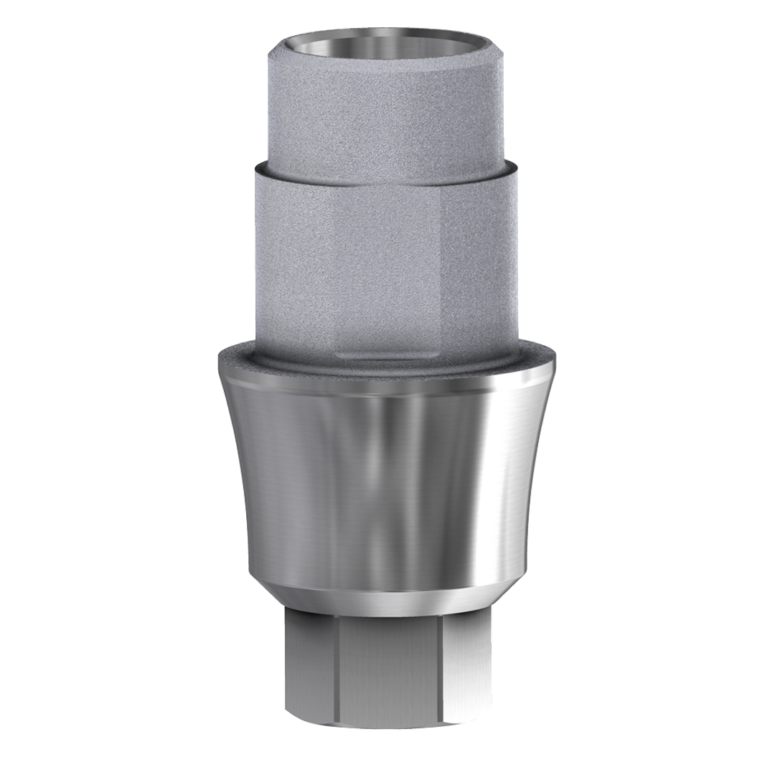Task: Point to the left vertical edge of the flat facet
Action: pos(334,273)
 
